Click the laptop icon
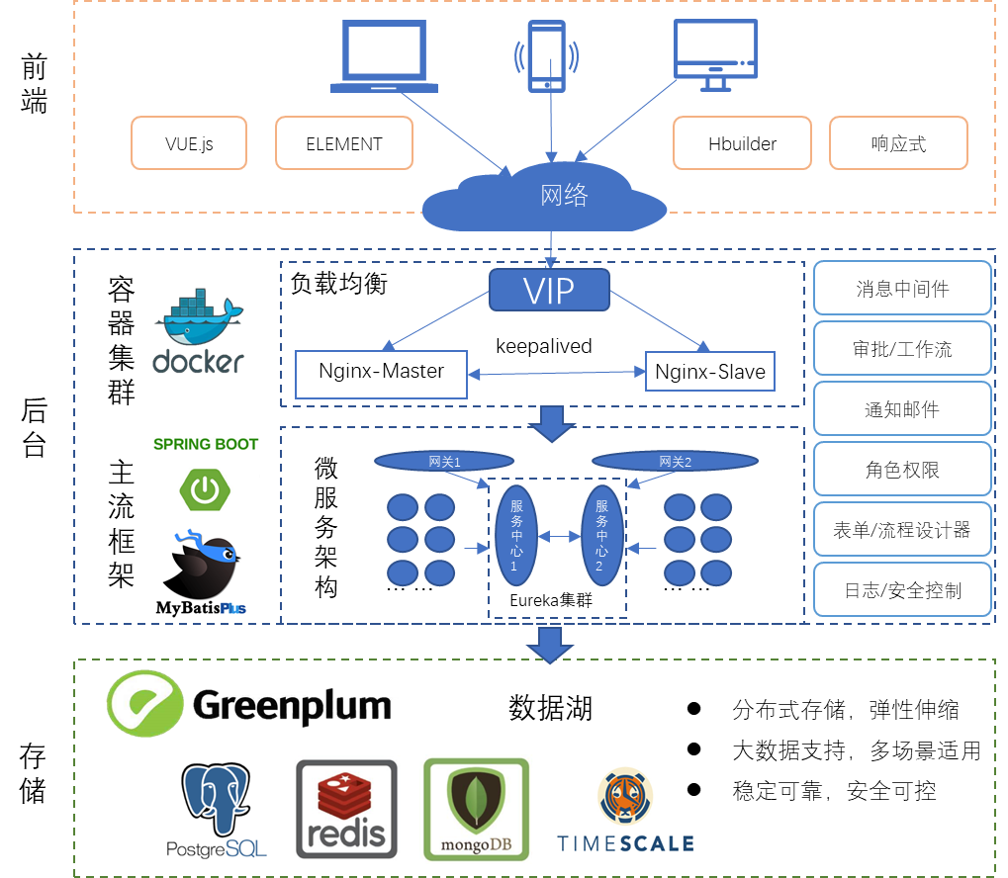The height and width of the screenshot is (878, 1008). (384, 57)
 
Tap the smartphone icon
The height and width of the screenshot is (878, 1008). (546, 56)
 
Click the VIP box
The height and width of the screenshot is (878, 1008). (549, 291)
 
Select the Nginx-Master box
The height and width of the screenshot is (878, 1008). (381, 373)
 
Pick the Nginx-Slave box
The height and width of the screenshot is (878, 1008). (709, 373)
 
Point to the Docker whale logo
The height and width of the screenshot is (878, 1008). (199, 331)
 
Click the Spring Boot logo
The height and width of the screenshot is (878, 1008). (206, 472)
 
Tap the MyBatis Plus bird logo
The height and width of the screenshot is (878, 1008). (201, 572)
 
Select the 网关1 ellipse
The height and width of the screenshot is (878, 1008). (444, 461)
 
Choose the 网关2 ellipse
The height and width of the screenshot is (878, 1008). (662, 461)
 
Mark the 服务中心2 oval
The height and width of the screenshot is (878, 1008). (599, 535)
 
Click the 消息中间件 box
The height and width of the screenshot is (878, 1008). (902, 289)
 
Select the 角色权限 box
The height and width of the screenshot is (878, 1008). (902, 470)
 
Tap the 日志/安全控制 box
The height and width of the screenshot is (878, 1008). (902, 590)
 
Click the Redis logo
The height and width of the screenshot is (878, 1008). (348, 809)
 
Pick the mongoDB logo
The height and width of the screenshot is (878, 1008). (477, 809)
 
